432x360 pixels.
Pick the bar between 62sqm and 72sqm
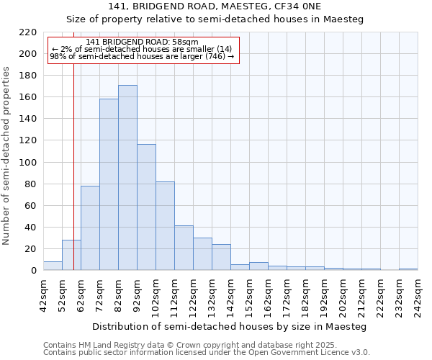coord(90,228)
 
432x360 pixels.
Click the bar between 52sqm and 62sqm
coord(71,255)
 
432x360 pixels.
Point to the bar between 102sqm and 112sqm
coord(165,226)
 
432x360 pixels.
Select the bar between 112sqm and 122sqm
coord(184,248)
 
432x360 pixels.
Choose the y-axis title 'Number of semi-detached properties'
coord(7,156)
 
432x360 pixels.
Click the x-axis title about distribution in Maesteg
coord(230,327)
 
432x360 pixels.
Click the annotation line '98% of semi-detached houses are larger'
coord(142,56)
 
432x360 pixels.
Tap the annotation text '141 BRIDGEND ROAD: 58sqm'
coord(142,42)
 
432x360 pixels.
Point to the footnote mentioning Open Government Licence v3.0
coord(206,352)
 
